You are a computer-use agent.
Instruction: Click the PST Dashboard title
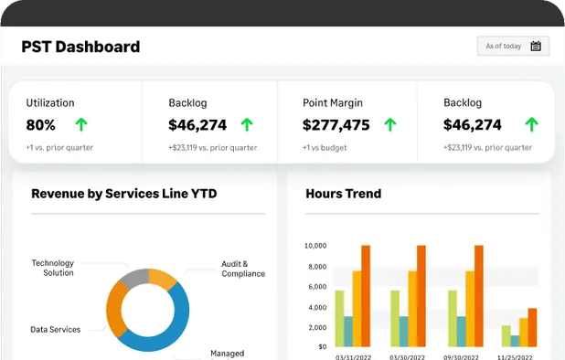click(x=80, y=47)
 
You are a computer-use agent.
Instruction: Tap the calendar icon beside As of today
click(x=536, y=47)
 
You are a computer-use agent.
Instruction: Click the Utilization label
click(x=50, y=103)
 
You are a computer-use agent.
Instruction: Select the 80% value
click(x=40, y=125)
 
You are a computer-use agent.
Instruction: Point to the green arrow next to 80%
click(x=81, y=125)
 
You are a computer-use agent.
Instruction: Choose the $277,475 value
click(x=336, y=125)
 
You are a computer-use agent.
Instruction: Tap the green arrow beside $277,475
click(x=390, y=125)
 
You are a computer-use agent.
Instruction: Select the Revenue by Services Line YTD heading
click(x=123, y=194)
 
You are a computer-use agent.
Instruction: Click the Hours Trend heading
click(x=343, y=194)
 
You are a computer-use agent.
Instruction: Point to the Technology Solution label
click(x=52, y=268)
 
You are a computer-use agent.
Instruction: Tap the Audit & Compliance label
click(x=243, y=269)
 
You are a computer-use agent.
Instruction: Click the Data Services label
click(x=55, y=329)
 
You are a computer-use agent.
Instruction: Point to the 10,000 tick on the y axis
click(x=314, y=246)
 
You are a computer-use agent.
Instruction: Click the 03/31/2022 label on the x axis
click(x=352, y=357)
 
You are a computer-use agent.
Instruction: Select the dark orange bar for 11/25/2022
click(x=532, y=327)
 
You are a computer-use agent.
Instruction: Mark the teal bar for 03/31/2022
click(x=348, y=331)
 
